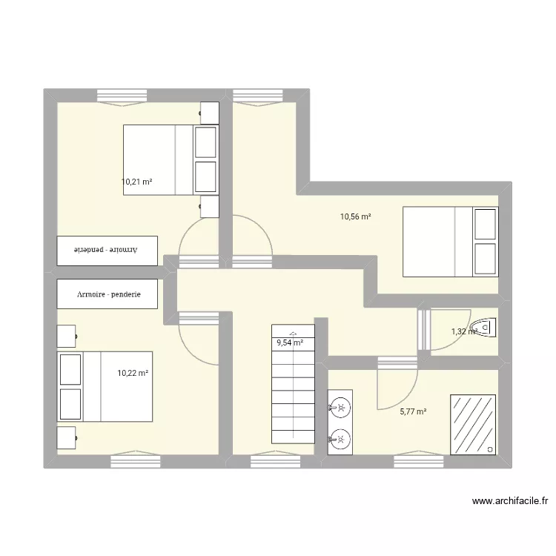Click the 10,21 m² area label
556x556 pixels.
point(136,181)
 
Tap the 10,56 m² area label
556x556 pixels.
point(355,217)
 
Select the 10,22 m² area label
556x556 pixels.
point(133,374)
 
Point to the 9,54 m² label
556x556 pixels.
point(290,342)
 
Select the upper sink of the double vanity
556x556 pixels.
point(340,406)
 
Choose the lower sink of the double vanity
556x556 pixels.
point(340,440)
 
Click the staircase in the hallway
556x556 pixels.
point(294,389)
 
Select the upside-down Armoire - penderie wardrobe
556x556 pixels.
point(108,251)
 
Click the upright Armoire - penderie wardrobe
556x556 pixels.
point(108,294)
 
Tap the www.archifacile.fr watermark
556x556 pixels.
point(510,502)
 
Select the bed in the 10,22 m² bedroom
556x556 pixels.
point(105,386)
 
